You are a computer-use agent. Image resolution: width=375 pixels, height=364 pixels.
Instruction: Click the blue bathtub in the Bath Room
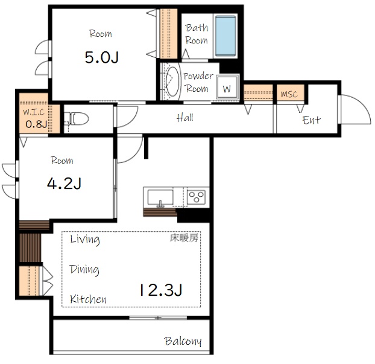tap(225, 36)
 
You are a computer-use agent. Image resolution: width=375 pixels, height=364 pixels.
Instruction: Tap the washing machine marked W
tap(228, 87)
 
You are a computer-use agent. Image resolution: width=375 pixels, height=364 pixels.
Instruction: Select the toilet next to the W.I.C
tap(77, 119)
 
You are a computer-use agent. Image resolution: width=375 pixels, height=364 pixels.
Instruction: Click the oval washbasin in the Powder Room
tap(172, 81)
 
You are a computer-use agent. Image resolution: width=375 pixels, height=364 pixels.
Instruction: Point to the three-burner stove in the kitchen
tap(196, 197)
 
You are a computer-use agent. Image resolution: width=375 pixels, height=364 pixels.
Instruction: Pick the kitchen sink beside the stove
tap(160, 197)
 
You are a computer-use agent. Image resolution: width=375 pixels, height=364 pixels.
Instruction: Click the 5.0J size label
tap(102, 57)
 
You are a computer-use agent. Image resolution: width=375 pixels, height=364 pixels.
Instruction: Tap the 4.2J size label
tap(64, 184)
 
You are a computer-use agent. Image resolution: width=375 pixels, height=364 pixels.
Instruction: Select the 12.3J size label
tap(161, 290)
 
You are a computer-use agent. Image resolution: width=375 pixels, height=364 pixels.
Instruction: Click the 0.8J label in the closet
tap(36, 124)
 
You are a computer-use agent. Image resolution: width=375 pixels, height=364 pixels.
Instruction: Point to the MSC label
tap(289, 94)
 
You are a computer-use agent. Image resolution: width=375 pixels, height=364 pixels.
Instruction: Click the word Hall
tap(185, 118)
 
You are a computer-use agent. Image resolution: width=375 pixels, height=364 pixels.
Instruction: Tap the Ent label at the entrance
tap(311, 120)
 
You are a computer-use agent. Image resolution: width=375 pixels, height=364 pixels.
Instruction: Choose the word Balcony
tap(183, 341)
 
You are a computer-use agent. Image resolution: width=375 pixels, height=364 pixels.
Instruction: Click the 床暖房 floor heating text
tap(184, 238)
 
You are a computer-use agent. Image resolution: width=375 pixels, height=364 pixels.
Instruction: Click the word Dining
tap(84, 270)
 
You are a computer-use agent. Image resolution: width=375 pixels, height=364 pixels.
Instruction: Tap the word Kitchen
tap(88, 299)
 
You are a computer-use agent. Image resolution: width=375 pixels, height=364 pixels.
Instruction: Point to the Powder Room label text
tap(198, 82)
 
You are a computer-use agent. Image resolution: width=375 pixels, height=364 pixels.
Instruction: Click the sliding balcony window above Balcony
tap(158, 318)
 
